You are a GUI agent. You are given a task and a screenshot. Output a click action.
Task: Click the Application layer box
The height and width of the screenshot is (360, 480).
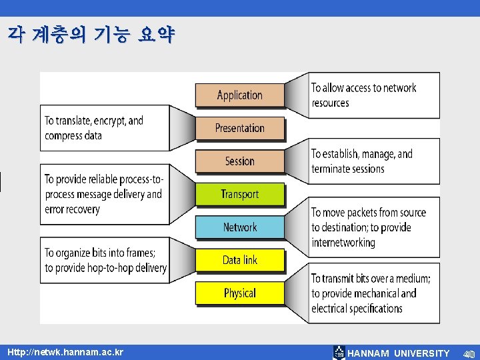coord(239,95)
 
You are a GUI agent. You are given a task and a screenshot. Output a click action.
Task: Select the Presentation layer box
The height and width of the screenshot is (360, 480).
coord(239,128)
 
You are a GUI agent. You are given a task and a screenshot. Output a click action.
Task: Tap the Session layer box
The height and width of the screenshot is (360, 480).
coord(239,161)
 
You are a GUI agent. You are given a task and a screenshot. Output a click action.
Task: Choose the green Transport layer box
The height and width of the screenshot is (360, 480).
coord(239,194)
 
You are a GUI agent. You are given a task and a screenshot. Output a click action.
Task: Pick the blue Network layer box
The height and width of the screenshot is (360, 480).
coord(239,227)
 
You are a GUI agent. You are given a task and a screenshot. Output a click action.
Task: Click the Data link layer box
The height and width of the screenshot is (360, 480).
coord(239,260)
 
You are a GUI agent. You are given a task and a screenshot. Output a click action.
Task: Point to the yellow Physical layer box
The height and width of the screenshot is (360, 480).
coord(239,293)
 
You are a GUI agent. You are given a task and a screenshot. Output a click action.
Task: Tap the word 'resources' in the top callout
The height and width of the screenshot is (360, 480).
coord(330,103)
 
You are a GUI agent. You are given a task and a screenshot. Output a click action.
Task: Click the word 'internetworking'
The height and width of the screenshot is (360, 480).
coord(343,242)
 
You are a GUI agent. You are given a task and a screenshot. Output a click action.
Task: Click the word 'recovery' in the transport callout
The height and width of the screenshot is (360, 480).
coord(81,209)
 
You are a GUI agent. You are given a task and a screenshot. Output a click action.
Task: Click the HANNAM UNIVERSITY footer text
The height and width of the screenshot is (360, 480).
coord(399,353)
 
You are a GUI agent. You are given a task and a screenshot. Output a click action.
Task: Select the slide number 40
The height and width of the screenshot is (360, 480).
coord(469,353)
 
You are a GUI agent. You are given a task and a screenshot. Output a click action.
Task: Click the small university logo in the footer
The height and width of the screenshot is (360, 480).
coord(339,353)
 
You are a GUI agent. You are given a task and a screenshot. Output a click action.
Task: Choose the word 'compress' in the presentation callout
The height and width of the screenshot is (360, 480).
coord(64,136)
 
